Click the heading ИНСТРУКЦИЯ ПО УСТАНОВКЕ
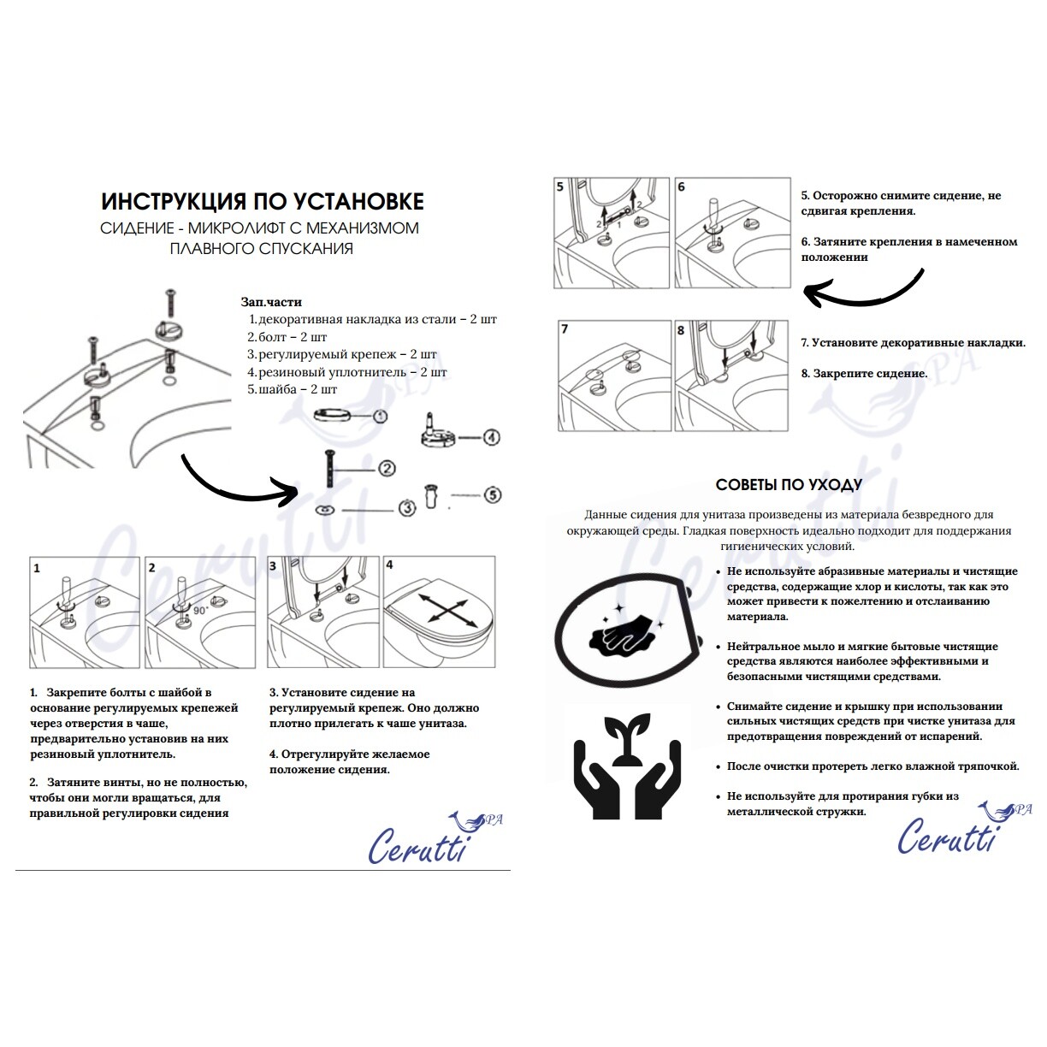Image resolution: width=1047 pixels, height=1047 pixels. pos(262,201)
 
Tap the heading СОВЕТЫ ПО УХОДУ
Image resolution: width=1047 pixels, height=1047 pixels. pos(788,485)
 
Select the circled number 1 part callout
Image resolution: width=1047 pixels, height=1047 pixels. pos(379,416)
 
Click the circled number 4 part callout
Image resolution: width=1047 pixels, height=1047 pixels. pos(491,437)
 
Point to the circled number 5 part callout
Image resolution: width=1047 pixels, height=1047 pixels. pos(492,494)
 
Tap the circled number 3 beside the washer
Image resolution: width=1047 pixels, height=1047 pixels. pos(407,508)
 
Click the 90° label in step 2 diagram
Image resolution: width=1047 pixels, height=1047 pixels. pos(200,610)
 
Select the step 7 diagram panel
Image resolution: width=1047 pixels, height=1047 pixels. pos(613,375)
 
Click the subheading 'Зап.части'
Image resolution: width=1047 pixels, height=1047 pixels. pos(271,302)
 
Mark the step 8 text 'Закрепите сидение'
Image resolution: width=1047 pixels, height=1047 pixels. pos(864,373)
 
